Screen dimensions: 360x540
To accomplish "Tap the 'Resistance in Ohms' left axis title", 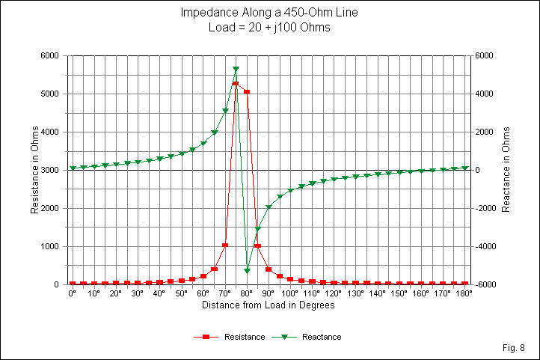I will [x=34, y=170].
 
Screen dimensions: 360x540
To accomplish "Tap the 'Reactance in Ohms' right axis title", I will [x=506, y=170].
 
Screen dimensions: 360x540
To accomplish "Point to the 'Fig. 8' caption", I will [x=515, y=348].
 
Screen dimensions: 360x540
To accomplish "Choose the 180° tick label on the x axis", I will [x=464, y=294].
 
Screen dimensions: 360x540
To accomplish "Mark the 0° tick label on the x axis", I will [x=73, y=294].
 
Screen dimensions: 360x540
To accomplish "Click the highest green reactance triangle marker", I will [x=236, y=70].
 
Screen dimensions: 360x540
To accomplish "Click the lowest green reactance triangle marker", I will [x=247, y=270].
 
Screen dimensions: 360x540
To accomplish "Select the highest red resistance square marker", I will [x=236, y=84].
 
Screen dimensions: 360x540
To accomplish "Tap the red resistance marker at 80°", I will [x=247, y=92].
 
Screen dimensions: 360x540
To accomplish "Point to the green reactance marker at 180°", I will [x=464, y=168].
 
